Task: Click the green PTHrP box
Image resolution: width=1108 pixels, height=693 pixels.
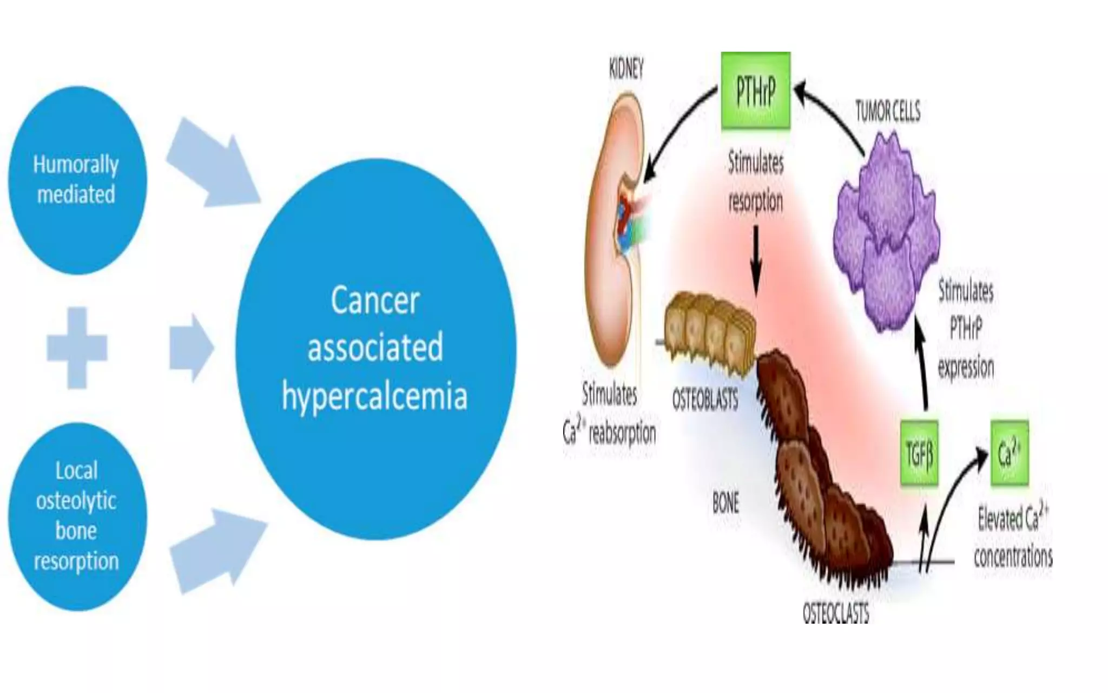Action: [x=756, y=90]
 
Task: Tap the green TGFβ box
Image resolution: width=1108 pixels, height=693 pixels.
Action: [x=919, y=453]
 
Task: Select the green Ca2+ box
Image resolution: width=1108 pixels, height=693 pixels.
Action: [x=1010, y=453]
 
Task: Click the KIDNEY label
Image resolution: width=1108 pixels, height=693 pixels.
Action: [x=626, y=69]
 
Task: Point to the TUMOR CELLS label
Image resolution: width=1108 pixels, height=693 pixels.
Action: [x=887, y=112]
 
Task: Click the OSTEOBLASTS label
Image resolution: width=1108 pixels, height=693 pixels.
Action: [x=705, y=401]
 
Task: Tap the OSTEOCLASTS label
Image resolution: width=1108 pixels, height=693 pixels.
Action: [x=836, y=613]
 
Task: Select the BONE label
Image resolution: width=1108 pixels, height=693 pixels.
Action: [x=726, y=504]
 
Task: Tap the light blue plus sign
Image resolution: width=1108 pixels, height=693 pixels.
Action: [x=77, y=348]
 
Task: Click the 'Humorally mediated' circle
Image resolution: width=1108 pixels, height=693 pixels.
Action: [x=77, y=180]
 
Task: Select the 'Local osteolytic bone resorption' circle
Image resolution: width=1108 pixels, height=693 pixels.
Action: [x=77, y=516]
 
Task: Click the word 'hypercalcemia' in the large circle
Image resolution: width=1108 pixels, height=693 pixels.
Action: [x=374, y=397]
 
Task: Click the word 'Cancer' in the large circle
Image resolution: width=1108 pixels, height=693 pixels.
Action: [x=375, y=300]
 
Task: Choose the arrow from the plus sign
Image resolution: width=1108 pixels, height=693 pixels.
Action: [x=190, y=348]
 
